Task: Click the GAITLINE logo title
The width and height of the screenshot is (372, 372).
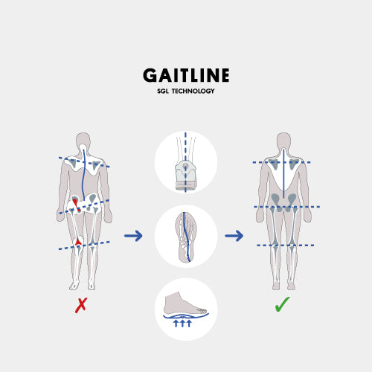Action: coord(186,75)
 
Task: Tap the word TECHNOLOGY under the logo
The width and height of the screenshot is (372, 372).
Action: coord(193,91)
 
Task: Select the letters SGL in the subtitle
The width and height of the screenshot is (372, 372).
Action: coord(163,91)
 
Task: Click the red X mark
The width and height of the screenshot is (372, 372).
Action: coord(81,305)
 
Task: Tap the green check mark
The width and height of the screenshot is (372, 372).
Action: coord(282,304)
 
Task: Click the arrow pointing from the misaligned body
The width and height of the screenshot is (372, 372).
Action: coord(133,236)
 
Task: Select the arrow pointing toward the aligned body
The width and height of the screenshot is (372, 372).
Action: coord(234,236)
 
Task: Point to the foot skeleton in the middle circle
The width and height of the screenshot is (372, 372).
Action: coord(186,237)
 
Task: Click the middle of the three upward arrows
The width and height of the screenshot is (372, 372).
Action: coord(182,323)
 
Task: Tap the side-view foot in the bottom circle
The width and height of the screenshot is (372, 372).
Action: coord(184,304)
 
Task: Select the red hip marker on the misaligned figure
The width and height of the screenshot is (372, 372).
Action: coord(77,205)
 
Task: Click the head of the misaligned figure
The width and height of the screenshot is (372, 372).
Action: coord(83,141)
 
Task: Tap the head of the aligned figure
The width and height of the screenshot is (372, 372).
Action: coord(283,141)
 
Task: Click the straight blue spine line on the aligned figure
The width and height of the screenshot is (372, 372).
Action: coord(283,173)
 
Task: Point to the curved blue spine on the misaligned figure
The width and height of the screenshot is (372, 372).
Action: coord(83,174)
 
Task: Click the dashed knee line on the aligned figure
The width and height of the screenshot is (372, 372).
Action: coord(286,246)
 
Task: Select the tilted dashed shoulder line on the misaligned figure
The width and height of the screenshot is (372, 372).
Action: coord(84,162)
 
